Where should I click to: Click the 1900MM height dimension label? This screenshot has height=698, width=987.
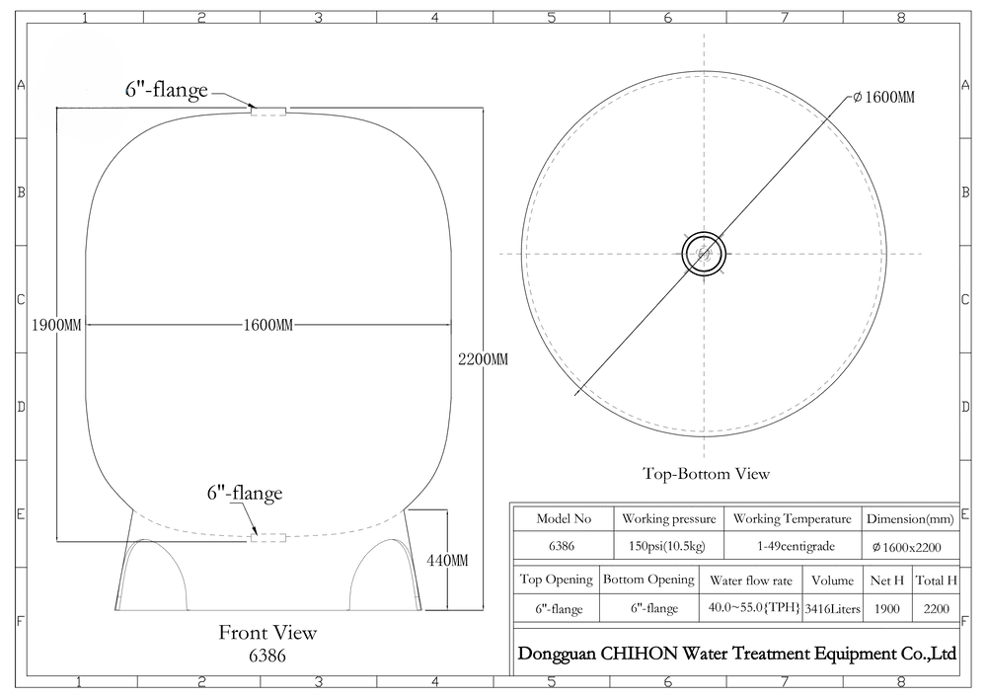(56, 326)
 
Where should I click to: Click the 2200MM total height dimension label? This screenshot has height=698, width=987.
(483, 359)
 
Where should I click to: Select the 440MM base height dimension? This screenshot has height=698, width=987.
(447, 560)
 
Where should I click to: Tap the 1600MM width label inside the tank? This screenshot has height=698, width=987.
(268, 326)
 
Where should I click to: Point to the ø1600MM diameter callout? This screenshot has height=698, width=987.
(884, 97)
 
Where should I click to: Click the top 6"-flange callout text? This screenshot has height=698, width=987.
(167, 90)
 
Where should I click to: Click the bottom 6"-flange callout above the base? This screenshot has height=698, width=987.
(245, 493)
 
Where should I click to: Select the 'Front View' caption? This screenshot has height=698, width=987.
(267, 633)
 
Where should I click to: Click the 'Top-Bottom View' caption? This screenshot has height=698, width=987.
(707, 473)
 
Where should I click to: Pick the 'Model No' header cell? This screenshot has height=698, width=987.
(564, 518)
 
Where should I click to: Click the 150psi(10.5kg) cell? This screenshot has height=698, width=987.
(667, 546)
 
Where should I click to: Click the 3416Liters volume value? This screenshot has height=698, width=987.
(833, 608)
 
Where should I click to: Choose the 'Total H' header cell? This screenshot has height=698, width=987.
(936, 581)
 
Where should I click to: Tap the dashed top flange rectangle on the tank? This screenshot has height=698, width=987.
(268, 112)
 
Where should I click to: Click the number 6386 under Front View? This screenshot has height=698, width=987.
(267, 656)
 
